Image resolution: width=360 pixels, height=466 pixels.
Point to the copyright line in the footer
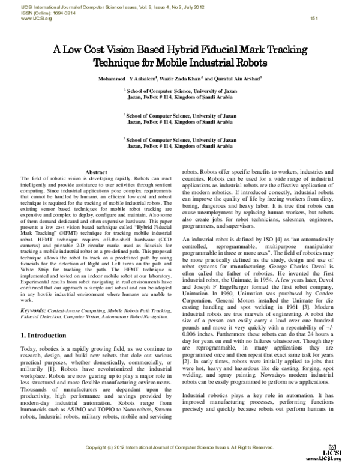pyautogui.click(x=180, y=447)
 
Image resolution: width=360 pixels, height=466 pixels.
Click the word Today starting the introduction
pyautogui.click(x=30, y=349)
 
